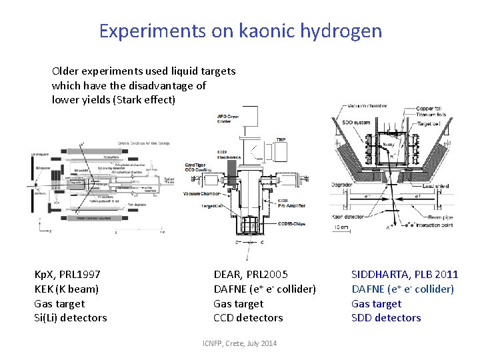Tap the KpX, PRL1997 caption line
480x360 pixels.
[67, 274]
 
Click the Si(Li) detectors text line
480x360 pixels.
[70, 318]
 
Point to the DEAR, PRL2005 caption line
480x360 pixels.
[251, 274]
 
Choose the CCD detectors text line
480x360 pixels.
[248, 318]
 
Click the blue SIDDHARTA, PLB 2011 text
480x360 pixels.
[405, 274]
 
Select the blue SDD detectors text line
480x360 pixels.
[386, 318]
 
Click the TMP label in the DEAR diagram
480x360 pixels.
[281, 139]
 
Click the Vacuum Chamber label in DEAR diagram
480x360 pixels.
[202, 193]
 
